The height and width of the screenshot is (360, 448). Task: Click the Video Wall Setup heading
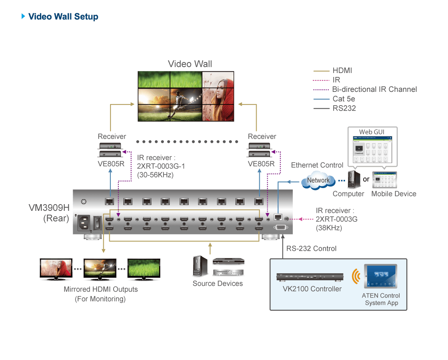click(x=63, y=16)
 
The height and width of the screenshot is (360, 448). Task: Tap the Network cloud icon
click(x=318, y=180)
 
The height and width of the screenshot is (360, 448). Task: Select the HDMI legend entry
click(x=342, y=71)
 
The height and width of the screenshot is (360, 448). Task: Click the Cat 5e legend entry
click(x=344, y=99)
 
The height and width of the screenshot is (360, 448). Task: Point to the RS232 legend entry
click(x=344, y=108)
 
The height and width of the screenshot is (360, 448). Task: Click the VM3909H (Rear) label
click(x=49, y=213)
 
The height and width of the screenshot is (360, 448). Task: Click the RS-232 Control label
click(x=311, y=249)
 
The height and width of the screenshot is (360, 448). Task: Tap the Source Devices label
click(x=218, y=283)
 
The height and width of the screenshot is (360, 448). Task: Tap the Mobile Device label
click(x=394, y=194)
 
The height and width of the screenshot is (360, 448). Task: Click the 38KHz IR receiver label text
click(x=336, y=219)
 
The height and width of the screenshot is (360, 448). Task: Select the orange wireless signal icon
click(x=356, y=276)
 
